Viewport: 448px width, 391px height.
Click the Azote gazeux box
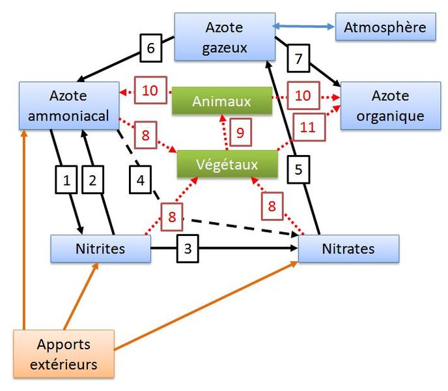tap(225, 36)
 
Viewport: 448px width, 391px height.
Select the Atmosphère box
tap(385, 27)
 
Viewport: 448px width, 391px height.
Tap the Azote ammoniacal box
tap(69, 106)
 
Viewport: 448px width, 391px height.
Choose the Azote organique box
tap(391, 106)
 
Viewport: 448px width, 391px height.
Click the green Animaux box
tap(222, 100)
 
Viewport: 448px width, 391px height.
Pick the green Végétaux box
tap(227, 164)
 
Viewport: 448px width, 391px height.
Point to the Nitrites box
tap(100, 248)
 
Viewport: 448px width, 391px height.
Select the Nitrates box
tap(348, 248)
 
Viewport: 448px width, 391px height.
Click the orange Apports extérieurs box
tap(64, 354)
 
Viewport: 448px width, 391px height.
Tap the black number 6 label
tap(151, 48)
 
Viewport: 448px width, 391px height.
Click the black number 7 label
tap(298, 59)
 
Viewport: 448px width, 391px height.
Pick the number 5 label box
tap(298, 169)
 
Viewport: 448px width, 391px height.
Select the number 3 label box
tap(188, 248)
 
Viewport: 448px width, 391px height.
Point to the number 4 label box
tap(140, 180)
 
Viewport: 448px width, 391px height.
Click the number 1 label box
tap(66, 180)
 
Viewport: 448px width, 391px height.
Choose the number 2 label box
tap(92, 180)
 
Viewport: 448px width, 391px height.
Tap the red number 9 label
tap(240, 132)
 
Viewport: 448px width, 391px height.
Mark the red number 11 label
tap(309, 127)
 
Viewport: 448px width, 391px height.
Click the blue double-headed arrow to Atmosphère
tap(303, 27)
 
